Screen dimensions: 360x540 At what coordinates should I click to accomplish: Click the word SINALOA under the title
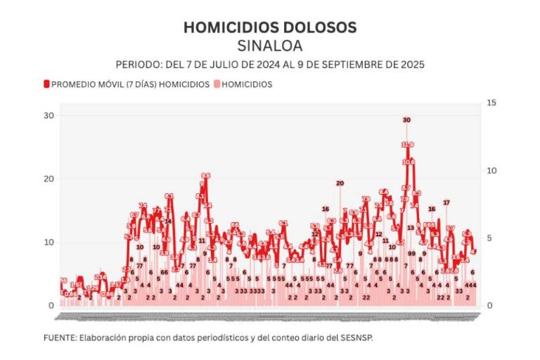point(270,46)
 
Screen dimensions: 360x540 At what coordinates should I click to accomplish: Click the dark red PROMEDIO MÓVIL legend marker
point(47,84)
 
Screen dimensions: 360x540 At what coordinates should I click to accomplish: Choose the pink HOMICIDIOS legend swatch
point(217,84)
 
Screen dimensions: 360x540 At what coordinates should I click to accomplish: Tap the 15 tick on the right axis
point(491,103)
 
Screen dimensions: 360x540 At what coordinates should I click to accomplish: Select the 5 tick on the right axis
point(489,238)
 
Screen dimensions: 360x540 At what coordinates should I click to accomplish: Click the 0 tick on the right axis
point(489,305)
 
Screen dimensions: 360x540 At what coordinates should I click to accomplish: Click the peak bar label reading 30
point(406,120)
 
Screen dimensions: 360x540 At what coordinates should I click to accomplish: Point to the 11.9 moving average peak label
point(408,145)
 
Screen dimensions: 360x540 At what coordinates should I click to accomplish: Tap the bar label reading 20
point(340,184)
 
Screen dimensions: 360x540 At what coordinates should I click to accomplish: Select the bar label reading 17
point(446,202)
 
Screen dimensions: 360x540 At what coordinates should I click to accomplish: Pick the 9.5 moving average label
point(205,176)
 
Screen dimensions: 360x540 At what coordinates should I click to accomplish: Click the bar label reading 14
point(168,221)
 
